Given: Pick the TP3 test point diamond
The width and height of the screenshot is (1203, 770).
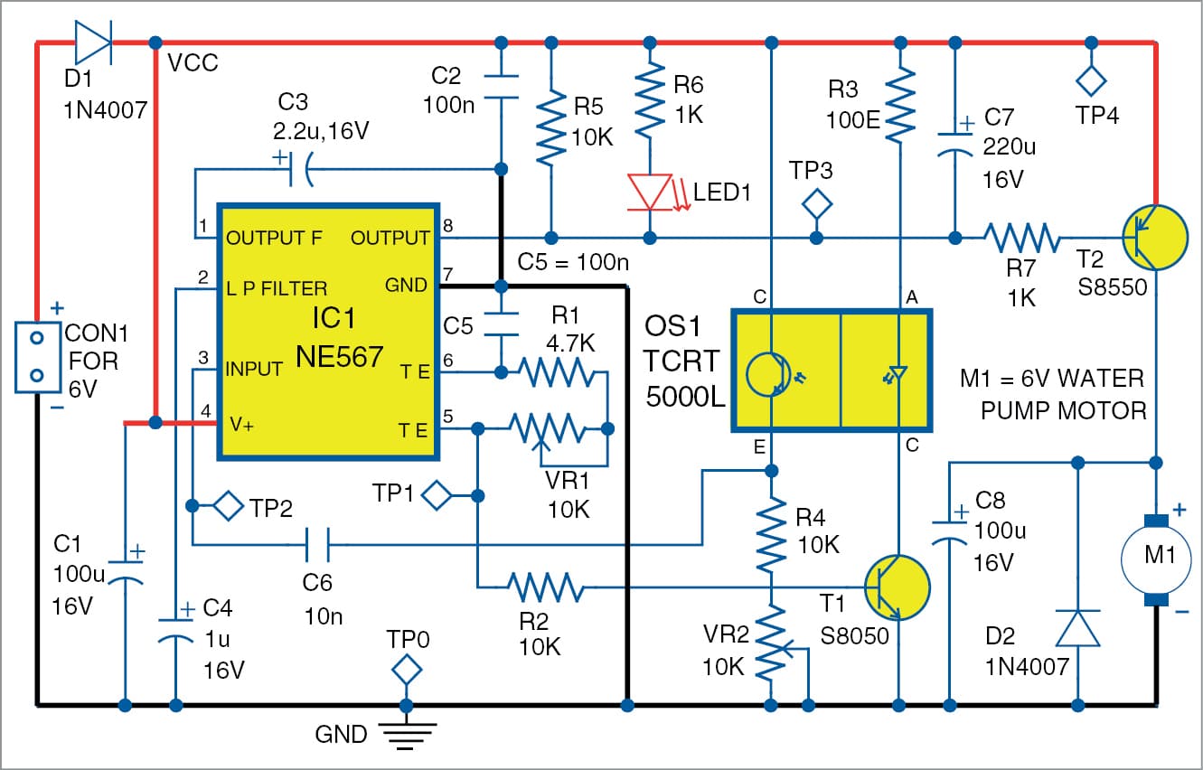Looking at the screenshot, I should [818, 202].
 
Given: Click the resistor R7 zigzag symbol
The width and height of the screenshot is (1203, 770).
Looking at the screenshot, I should [1021, 238].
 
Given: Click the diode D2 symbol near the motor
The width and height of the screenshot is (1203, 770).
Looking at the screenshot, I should [1077, 627].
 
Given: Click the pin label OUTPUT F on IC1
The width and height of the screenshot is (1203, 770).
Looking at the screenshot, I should [274, 239].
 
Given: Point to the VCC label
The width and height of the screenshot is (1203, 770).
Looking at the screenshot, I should [193, 65].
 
